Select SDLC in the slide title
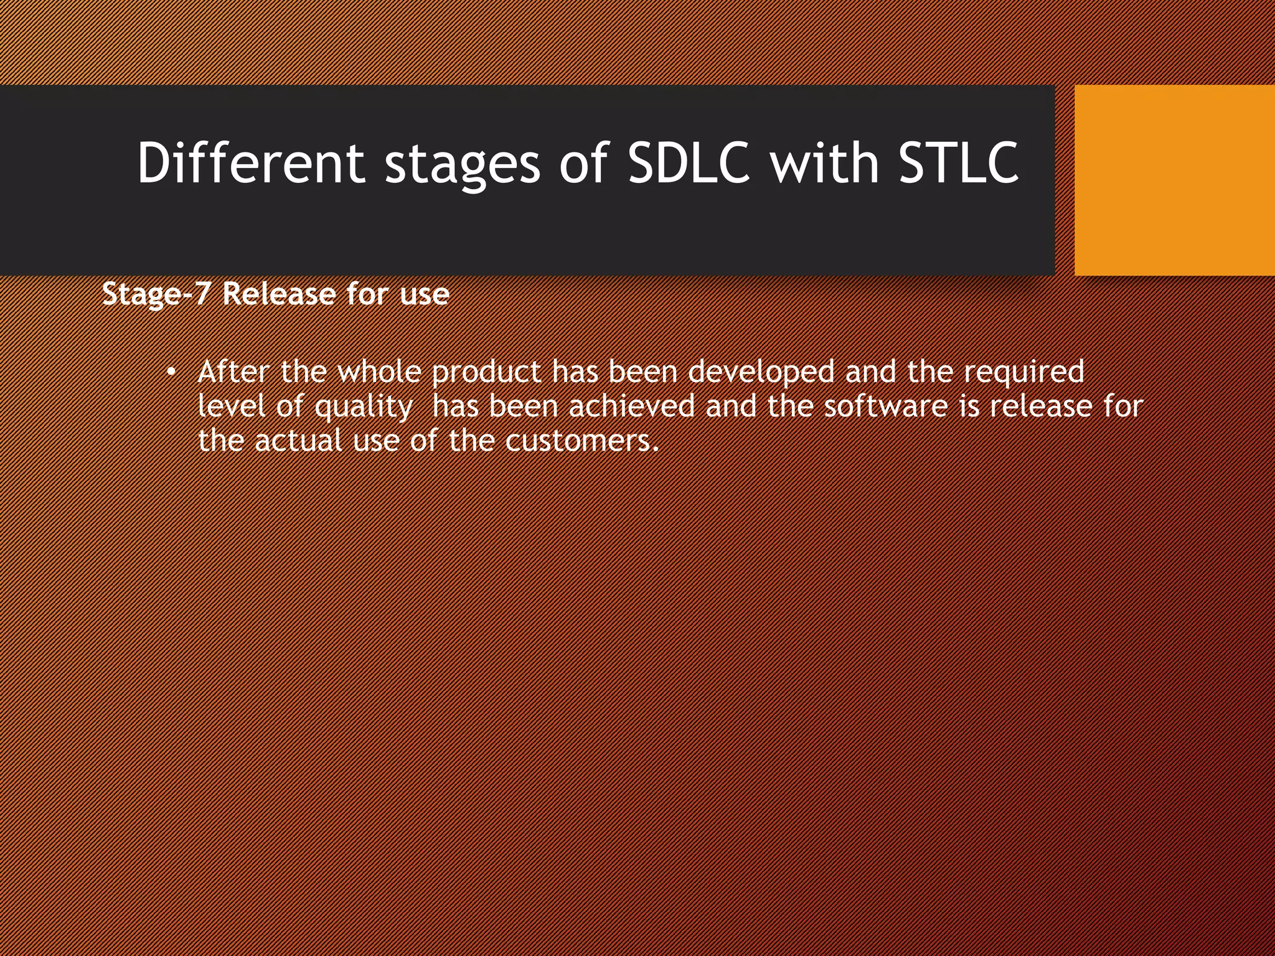(689, 163)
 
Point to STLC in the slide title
(959, 163)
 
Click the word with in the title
(824, 163)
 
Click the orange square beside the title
(1174, 180)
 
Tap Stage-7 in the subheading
(156, 294)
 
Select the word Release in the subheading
(279, 293)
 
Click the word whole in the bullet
(380, 372)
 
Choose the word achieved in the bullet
(631, 406)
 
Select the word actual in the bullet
(298, 441)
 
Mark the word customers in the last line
(580, 441)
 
